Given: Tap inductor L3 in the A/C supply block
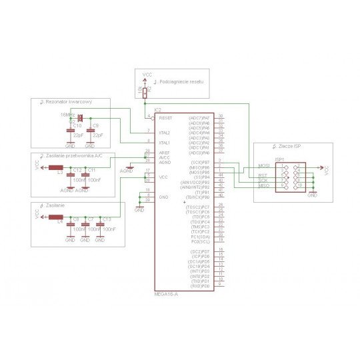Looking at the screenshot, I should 61,168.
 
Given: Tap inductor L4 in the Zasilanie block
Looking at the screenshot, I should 61,217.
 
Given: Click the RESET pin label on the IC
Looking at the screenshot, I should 165,118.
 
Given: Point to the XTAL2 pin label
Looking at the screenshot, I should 164,133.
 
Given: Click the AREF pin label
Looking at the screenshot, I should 163,153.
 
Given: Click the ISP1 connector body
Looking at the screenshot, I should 291,178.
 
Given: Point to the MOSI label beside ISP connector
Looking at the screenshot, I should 264,166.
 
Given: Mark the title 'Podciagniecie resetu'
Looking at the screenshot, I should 177,80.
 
